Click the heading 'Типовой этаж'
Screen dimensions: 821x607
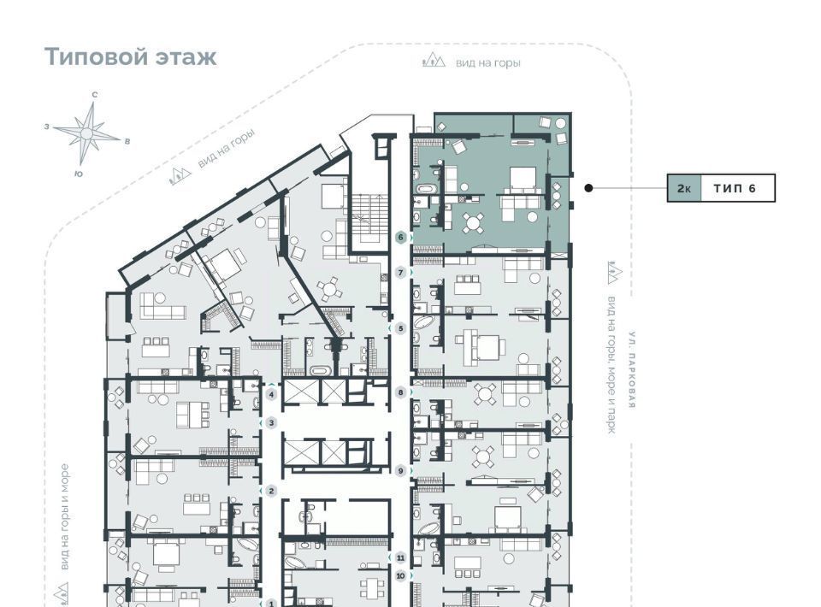coord(130,56)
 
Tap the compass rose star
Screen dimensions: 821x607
coord(87,133)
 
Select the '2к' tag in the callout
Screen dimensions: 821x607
coord(684,188)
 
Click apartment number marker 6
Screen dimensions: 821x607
coord(401,238)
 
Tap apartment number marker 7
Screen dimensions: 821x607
coord(401,273)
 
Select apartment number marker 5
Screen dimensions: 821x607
coord(401,328)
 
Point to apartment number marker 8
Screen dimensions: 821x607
coord(401,392)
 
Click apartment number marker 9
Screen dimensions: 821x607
coord(401,471)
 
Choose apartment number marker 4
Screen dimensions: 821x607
coord(271,395)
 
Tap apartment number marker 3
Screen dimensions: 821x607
coord(271,423)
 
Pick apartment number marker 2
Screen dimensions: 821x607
coord(271,491)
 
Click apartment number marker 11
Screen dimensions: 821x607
coord(401,557)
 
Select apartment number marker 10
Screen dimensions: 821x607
coord(401,576)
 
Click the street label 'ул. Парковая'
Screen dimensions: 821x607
coord(633,370)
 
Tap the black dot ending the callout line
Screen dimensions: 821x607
coord(588,188)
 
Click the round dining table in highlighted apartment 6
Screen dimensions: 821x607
coord(473,223)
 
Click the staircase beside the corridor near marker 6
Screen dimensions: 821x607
coord(368,219)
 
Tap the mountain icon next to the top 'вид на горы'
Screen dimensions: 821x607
coord(434,61)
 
